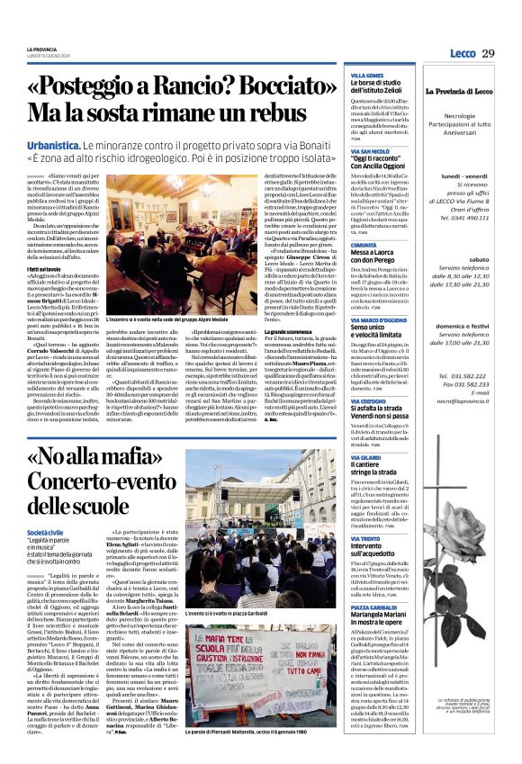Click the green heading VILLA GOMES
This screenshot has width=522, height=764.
(x=365, y=75)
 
